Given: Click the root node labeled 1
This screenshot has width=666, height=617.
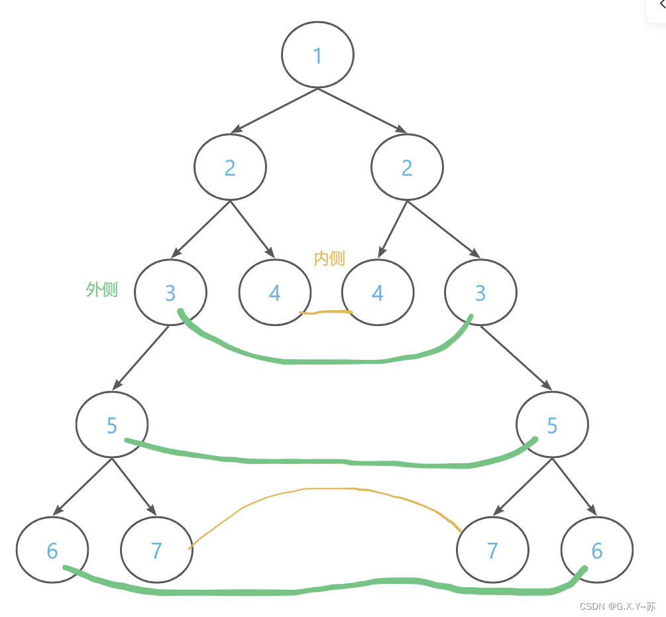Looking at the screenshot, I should [x=317, y=55].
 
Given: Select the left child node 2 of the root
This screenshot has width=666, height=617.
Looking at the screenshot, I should [x=230, y=167].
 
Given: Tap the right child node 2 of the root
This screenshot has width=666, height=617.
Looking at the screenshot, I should [x=407, y=167].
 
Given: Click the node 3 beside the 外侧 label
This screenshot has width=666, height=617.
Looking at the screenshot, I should [x=170, y=292].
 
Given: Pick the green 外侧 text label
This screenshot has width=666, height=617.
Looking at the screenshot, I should [x=102, y=290].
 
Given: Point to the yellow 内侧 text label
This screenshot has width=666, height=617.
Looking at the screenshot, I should [x=329, y=258].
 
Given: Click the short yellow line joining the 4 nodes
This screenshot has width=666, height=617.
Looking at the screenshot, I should [x=326, y=311].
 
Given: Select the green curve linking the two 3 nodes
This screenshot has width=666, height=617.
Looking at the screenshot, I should [x=331, y=362].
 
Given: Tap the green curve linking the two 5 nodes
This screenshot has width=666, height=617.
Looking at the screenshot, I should [x=331, y=462].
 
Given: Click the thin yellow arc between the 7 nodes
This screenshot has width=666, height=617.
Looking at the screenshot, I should [x=331, y=488].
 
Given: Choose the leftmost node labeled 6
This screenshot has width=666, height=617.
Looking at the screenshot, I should [x=52, y=550].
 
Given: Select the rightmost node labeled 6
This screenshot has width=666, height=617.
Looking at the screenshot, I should [x=596, y=550].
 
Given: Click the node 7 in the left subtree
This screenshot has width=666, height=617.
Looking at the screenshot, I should [x=156, y=550].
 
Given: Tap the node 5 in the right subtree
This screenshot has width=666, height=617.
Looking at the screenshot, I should [x=552, y=425].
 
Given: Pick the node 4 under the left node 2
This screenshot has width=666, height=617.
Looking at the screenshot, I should [x=274, y=292].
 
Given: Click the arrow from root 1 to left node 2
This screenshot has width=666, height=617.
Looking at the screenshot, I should [x=275, y=110].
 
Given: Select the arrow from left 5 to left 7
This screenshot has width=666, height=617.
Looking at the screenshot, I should [x=134, y=486].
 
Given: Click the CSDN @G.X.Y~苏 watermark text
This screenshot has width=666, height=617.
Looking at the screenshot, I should [x=617, y=606].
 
